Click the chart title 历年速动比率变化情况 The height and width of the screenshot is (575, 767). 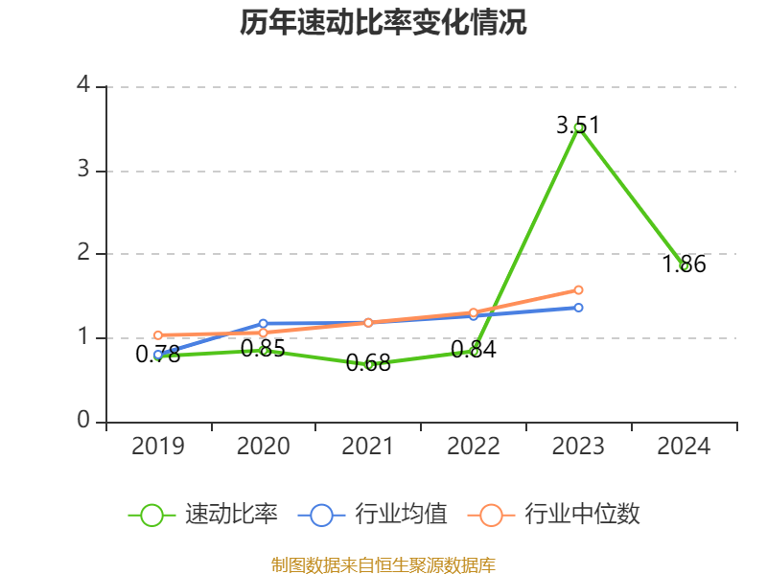click(x=383, y=23)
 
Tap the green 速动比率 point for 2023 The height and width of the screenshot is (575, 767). click(x=579, y=127)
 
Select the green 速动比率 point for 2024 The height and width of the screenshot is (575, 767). click(x=685, y=266)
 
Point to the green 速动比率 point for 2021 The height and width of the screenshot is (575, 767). click(x=369, y=364)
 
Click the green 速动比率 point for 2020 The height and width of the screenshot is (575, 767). click(x=264, y=351)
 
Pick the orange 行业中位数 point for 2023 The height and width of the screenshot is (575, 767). click(x=579, y=289)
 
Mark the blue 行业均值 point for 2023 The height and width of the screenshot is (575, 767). click(x=579, y=308)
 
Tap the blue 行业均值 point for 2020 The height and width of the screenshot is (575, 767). click(x=264, y=324)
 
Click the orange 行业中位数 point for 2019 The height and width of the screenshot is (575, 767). click(x=158, y=335)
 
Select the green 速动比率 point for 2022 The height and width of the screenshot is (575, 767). click(x=474, y=352)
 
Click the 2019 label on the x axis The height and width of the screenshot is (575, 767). click(x=158, y=447)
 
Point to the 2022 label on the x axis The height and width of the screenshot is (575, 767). click(x=474, y=447)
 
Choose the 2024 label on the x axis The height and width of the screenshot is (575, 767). click(x=685, y=447)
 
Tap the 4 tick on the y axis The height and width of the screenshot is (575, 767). click(x=83, y=86)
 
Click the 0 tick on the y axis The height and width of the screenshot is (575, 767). click(x=83, y=422)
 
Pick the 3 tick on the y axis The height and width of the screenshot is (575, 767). click(x=83, y=171)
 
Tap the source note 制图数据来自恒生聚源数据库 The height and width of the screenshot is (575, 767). click(x=383, y=564)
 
